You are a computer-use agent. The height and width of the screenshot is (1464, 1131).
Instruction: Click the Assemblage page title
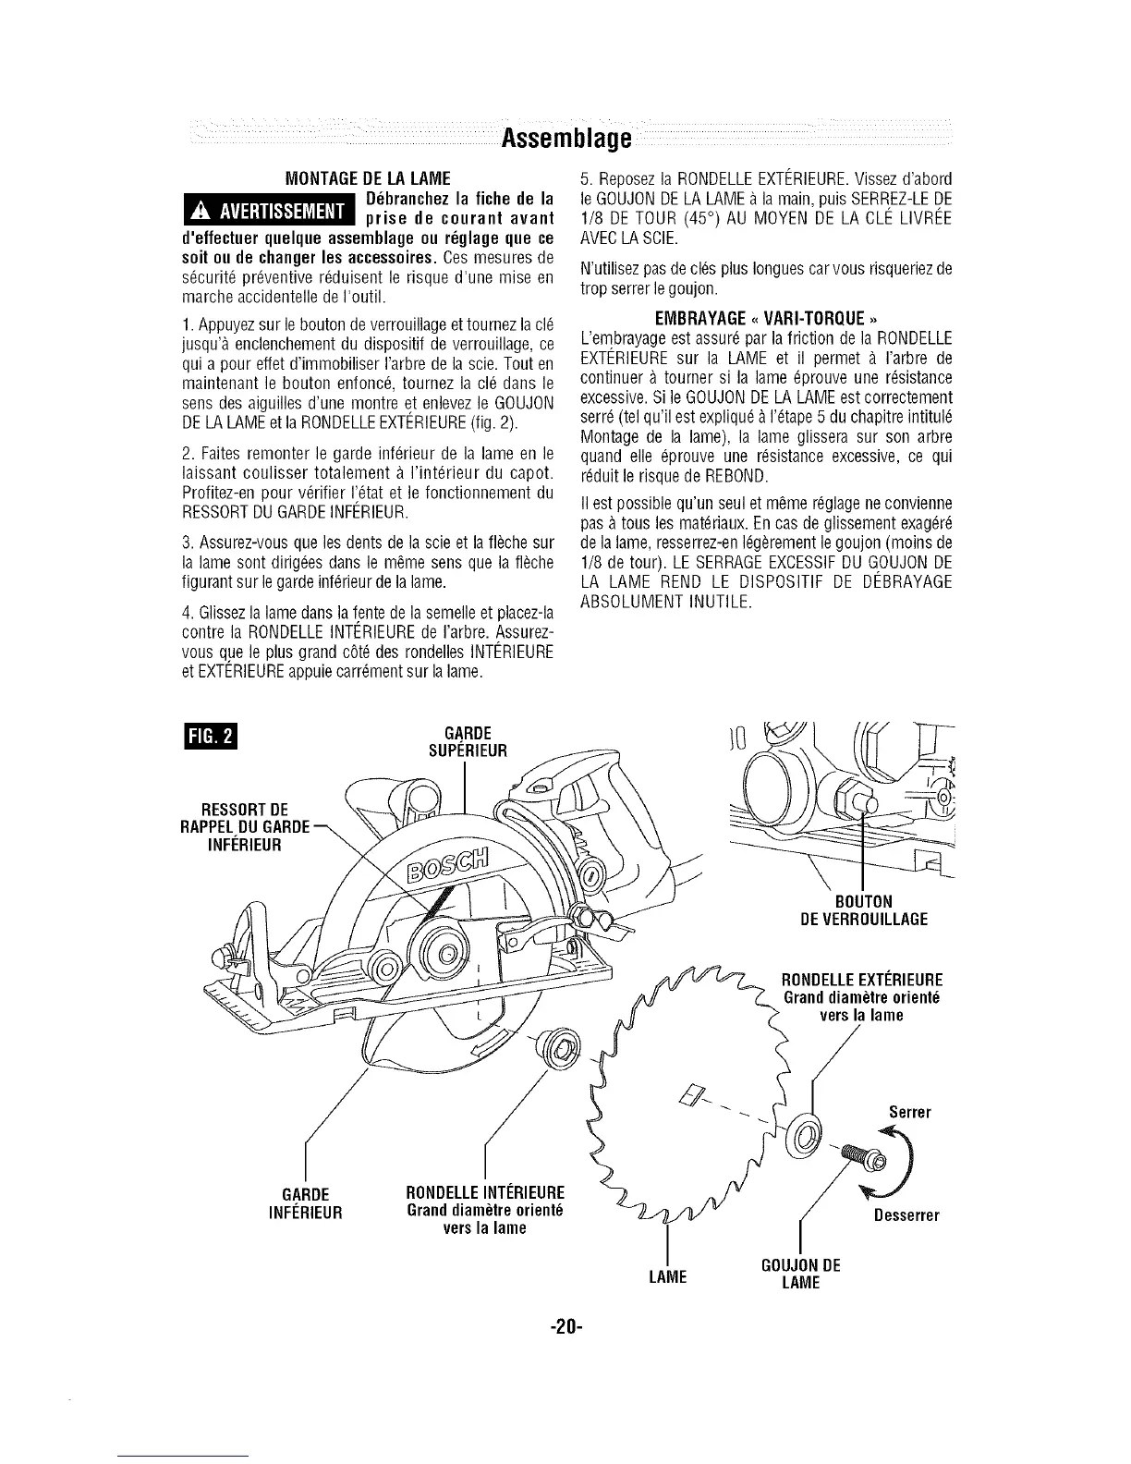565,140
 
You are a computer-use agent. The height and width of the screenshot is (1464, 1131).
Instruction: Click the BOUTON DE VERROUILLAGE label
861,909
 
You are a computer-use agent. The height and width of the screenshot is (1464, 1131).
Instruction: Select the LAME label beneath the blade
667,1276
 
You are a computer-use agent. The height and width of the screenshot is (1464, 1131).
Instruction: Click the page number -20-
565,1327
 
